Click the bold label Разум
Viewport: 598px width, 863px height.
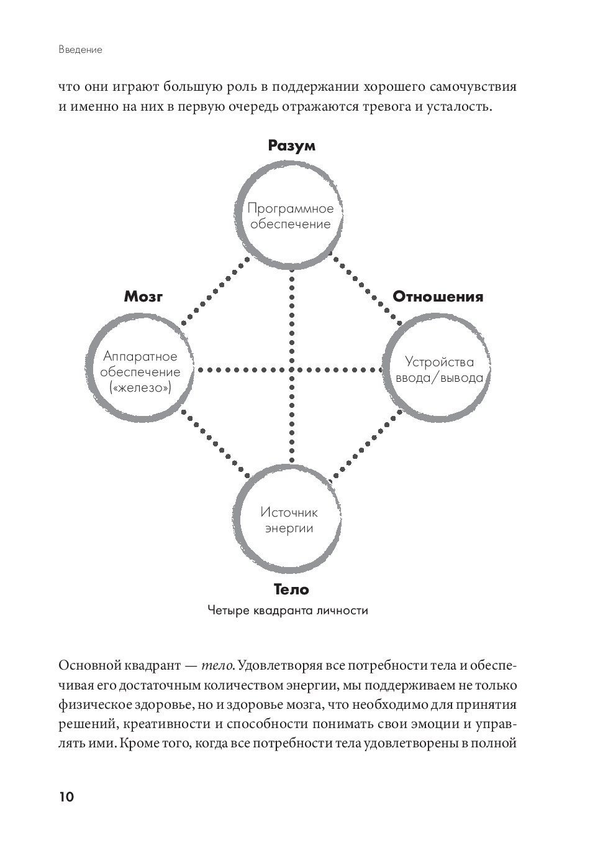pos(291,145)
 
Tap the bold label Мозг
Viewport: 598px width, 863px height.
pos(143,296)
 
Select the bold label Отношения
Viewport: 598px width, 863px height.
pos(437,297)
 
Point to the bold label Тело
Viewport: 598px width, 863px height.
pos(291,589)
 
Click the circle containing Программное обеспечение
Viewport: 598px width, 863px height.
pos(290,216)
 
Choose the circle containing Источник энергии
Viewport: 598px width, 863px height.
pos(289,520)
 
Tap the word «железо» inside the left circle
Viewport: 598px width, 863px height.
pos(140,388)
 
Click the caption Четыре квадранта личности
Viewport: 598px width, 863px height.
pos(288,611)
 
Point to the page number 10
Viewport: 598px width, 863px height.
pos(66,797)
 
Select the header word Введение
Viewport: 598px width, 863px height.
pos(80,50)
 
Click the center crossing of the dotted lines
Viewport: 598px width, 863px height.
pos(291,370)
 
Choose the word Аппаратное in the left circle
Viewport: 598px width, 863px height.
pos(140,356)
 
